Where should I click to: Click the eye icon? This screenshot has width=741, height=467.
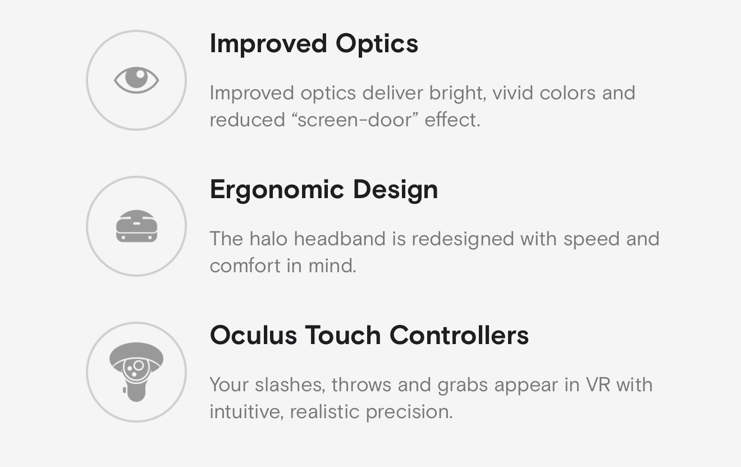(x=136, y=80)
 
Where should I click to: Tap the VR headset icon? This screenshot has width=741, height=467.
(x=136, y=226)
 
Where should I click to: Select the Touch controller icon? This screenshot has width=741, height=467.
(x=136, y=372)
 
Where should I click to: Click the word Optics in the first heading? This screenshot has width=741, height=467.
(x=377, y=44)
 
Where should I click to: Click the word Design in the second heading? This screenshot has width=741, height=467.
(x=396, y=190)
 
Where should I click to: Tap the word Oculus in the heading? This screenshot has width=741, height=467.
(x=253, y=335)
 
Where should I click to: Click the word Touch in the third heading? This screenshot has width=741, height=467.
(x=342, y=335)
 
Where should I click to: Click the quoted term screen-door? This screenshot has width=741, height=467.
(x=355, y=120)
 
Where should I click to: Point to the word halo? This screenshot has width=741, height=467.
(x=268, y=239)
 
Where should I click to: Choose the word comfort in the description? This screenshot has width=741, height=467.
(x=245, y=265)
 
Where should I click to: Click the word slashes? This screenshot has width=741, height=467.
(x=290, y=384)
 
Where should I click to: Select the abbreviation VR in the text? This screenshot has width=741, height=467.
(x=598, y=384)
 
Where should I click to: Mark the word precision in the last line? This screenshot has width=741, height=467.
(x=409, y=412)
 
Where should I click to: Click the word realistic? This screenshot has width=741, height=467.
(x=324, y=412)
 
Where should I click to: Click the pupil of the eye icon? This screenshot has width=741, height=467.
(x=136, y=77)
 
